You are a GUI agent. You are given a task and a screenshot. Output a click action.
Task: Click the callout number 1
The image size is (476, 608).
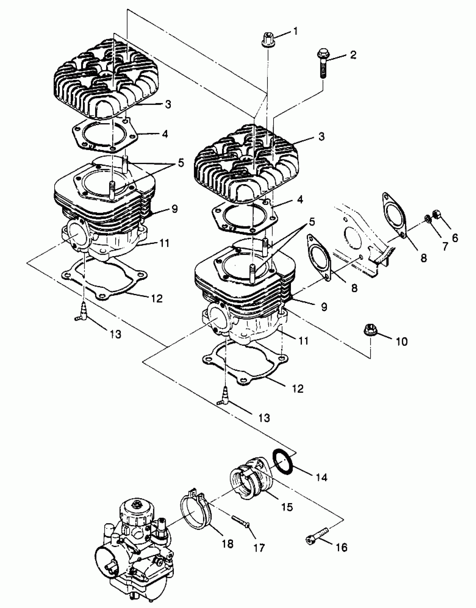coord(296,31)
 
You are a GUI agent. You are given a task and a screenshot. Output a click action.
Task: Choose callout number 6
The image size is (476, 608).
coord(455,238)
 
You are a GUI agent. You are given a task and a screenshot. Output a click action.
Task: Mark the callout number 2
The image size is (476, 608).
coord(353,55)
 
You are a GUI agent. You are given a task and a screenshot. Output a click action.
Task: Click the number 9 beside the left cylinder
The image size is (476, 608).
coord(175,209)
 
